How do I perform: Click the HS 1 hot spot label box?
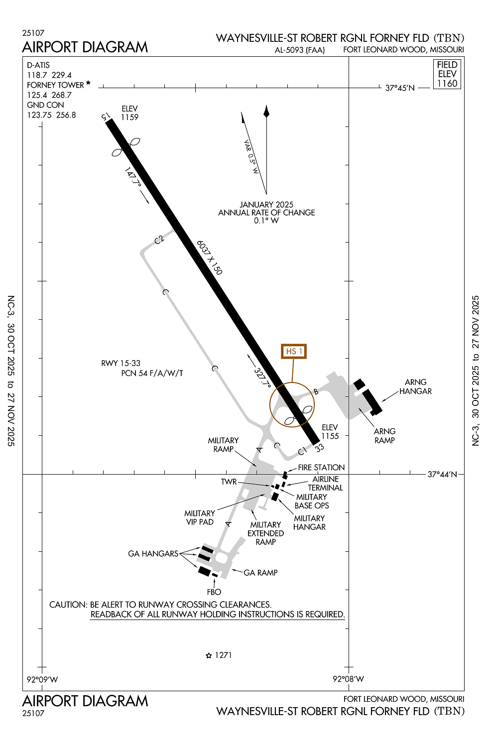coord(293,351)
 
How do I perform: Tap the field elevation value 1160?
coord(447,84)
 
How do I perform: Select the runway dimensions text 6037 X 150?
coord(209,257)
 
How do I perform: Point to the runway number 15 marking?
coord(106,117)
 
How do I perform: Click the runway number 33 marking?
coord(319,448)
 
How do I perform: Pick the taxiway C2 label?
coord(159,240)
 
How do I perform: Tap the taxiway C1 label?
coord(302,452)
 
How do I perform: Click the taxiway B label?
coord(316,391)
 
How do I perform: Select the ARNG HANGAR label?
coord(415,386)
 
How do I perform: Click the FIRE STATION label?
coord(321,467)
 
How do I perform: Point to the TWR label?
coord(229,482)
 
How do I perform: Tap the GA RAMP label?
coord(260,573)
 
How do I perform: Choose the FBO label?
coord(214,592)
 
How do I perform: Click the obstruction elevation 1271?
coord(223,655)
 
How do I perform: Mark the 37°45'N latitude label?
coord(400,88)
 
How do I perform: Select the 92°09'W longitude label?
coord(42,679)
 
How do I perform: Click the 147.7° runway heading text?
coord(133,177)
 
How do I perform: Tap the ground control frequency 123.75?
coord(40,115)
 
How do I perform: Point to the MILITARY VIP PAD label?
coord(200,517)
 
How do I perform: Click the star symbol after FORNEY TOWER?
coord(89,83)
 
